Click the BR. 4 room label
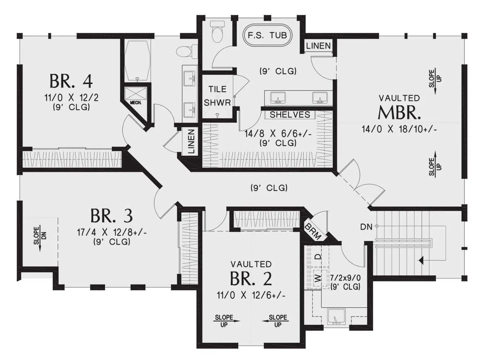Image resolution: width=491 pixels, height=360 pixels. tap(71, 81)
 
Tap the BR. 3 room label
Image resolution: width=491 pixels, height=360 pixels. tap(112, 216)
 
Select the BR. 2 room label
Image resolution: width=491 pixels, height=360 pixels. tap(251, 279)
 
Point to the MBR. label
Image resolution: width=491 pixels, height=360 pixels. tap(399, 112)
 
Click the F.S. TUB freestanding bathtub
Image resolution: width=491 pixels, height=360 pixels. tap(268, 35)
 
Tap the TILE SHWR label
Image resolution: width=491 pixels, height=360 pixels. tap(217, 96)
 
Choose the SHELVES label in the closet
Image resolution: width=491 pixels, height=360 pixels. tap(290, 115)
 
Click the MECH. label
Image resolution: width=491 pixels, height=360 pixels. tap(136, 103)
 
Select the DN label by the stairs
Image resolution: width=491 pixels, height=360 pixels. tap(366, 227)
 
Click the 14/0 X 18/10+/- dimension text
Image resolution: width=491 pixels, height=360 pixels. tap(399, 129)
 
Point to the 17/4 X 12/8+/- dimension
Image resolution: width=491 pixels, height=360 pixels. tap(112, 232)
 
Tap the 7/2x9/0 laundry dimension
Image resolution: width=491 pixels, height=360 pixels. tap(345, 278)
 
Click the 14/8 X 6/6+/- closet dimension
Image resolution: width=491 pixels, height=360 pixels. tap(278, 134)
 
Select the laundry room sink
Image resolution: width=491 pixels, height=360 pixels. tap(336, 317)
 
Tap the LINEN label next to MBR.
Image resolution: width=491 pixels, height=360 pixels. tap(318, 46)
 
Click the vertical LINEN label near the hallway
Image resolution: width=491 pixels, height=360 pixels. tap(191, 141)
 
